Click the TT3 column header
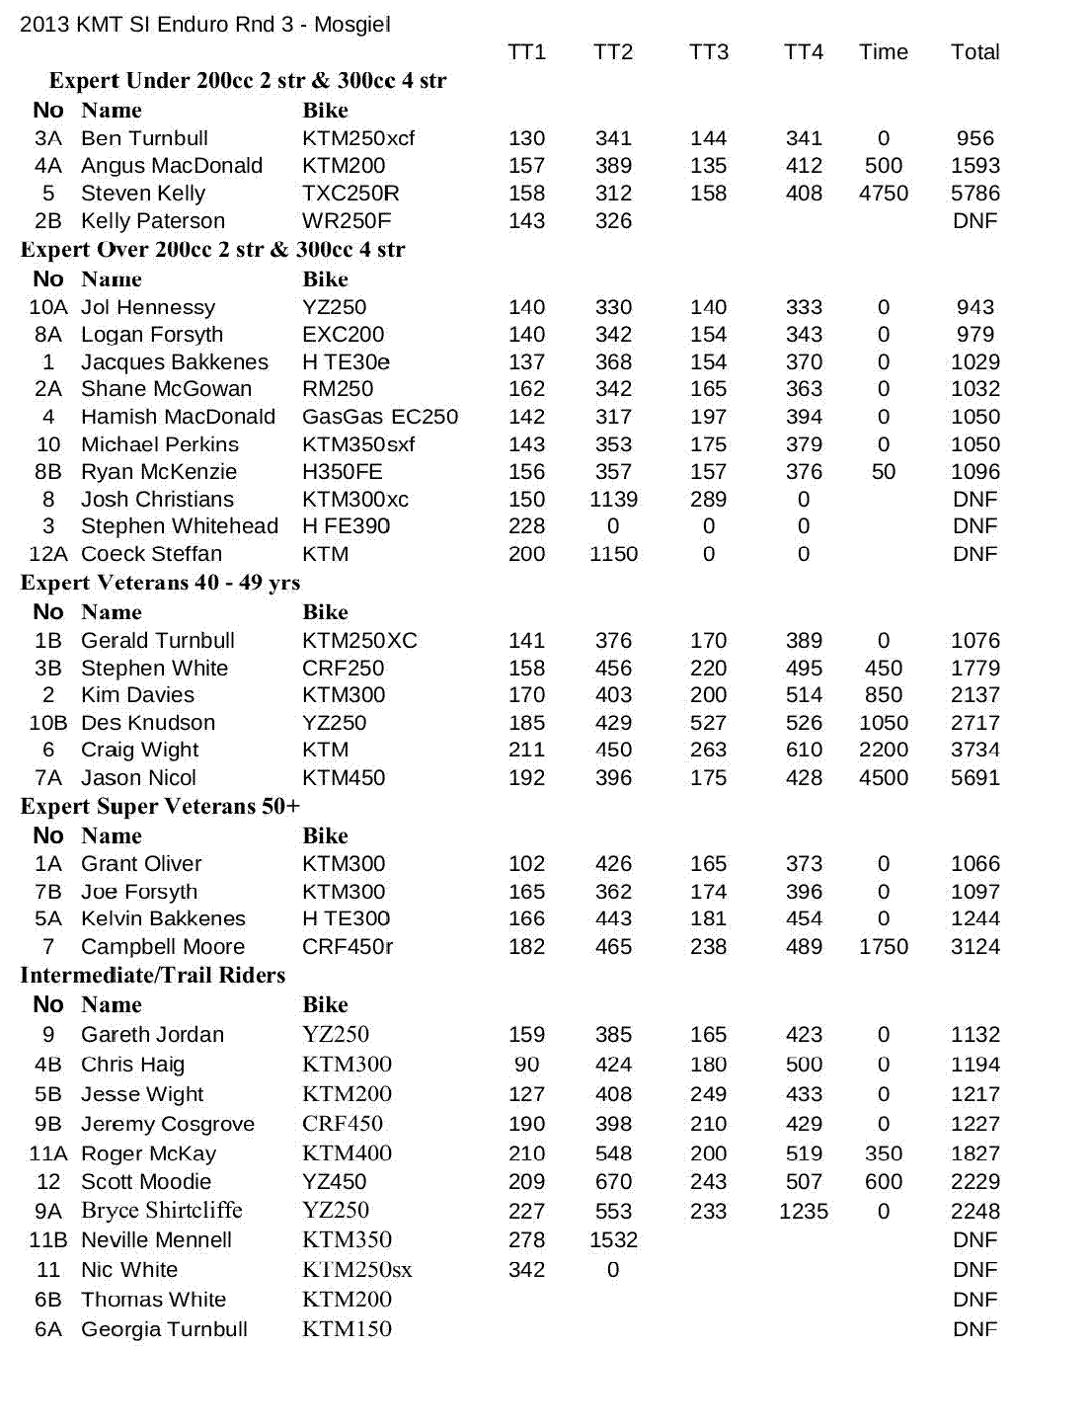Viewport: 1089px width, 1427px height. [x=708, y=52]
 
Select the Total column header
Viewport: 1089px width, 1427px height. [x=974, y=52]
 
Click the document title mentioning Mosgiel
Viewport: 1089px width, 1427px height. [x=205, y=24]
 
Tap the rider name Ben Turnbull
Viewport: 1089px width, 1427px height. [x=144, y=138]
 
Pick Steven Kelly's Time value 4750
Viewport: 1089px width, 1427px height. [x=883, y=194]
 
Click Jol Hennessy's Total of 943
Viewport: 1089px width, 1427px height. [x=974, y=307]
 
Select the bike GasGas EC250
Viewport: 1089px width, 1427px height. [x=380, y=417]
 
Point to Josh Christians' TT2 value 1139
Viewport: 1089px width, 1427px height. [x=613, y=500]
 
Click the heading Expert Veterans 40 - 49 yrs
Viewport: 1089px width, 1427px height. [x=160, y=583]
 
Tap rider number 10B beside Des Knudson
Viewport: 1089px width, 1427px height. [x=47, y=723]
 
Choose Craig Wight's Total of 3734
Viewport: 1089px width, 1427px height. [x=974, y=751]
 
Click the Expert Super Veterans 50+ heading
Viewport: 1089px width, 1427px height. [x=160, y=807]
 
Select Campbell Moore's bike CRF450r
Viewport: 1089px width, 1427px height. [x=348, y=947]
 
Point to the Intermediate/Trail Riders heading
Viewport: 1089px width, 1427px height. [x=153, y=976]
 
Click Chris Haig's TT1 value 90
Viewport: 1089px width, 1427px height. [x=526, y=1065]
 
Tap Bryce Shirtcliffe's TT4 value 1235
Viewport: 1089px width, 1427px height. [x=803, y=1212]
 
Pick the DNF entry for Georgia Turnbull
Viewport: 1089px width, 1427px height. [x=974, y=1329]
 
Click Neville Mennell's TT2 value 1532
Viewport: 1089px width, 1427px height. [x=613, y=1240]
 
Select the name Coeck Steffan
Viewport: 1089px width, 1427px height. [x=151, y=554]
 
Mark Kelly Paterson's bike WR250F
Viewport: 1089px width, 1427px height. [x=347, y=221]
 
